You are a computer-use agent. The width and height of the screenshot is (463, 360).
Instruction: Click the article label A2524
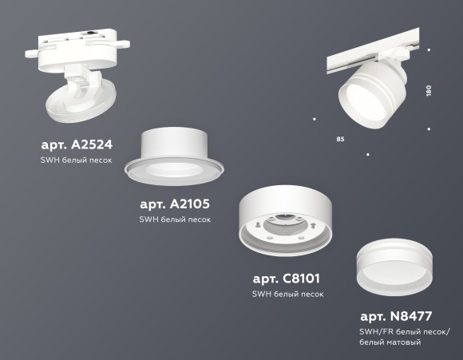[x=76, y=145]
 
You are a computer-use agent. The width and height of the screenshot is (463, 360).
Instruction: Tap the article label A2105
[x=174, y=204]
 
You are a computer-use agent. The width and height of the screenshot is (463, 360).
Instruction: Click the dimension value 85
[x=340, y=140]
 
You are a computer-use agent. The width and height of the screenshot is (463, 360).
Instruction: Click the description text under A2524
[x=76, y=160]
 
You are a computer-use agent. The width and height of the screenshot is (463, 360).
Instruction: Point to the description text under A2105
[x=174, y=220]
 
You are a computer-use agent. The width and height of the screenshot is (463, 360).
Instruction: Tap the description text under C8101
[x=287, y=294]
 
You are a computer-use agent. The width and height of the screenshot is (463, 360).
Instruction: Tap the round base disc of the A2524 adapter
[x=80, y=105]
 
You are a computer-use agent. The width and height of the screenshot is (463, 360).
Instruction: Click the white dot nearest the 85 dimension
[x=315, y=120]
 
